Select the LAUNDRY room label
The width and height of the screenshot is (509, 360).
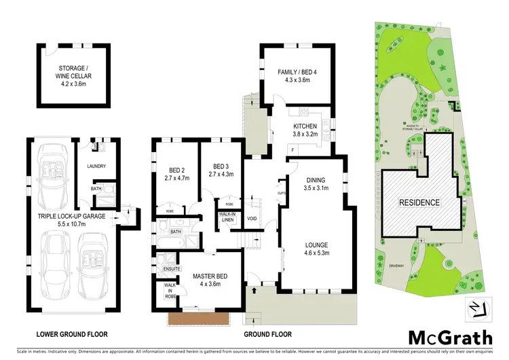point(94,166)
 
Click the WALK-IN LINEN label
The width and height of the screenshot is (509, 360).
point(227,217)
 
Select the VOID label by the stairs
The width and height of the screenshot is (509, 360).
point(252,219)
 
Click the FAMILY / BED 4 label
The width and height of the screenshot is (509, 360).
point(294,75)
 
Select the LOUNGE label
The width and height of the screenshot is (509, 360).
point(316,249)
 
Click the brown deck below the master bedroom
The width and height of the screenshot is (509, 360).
point(198,317)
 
